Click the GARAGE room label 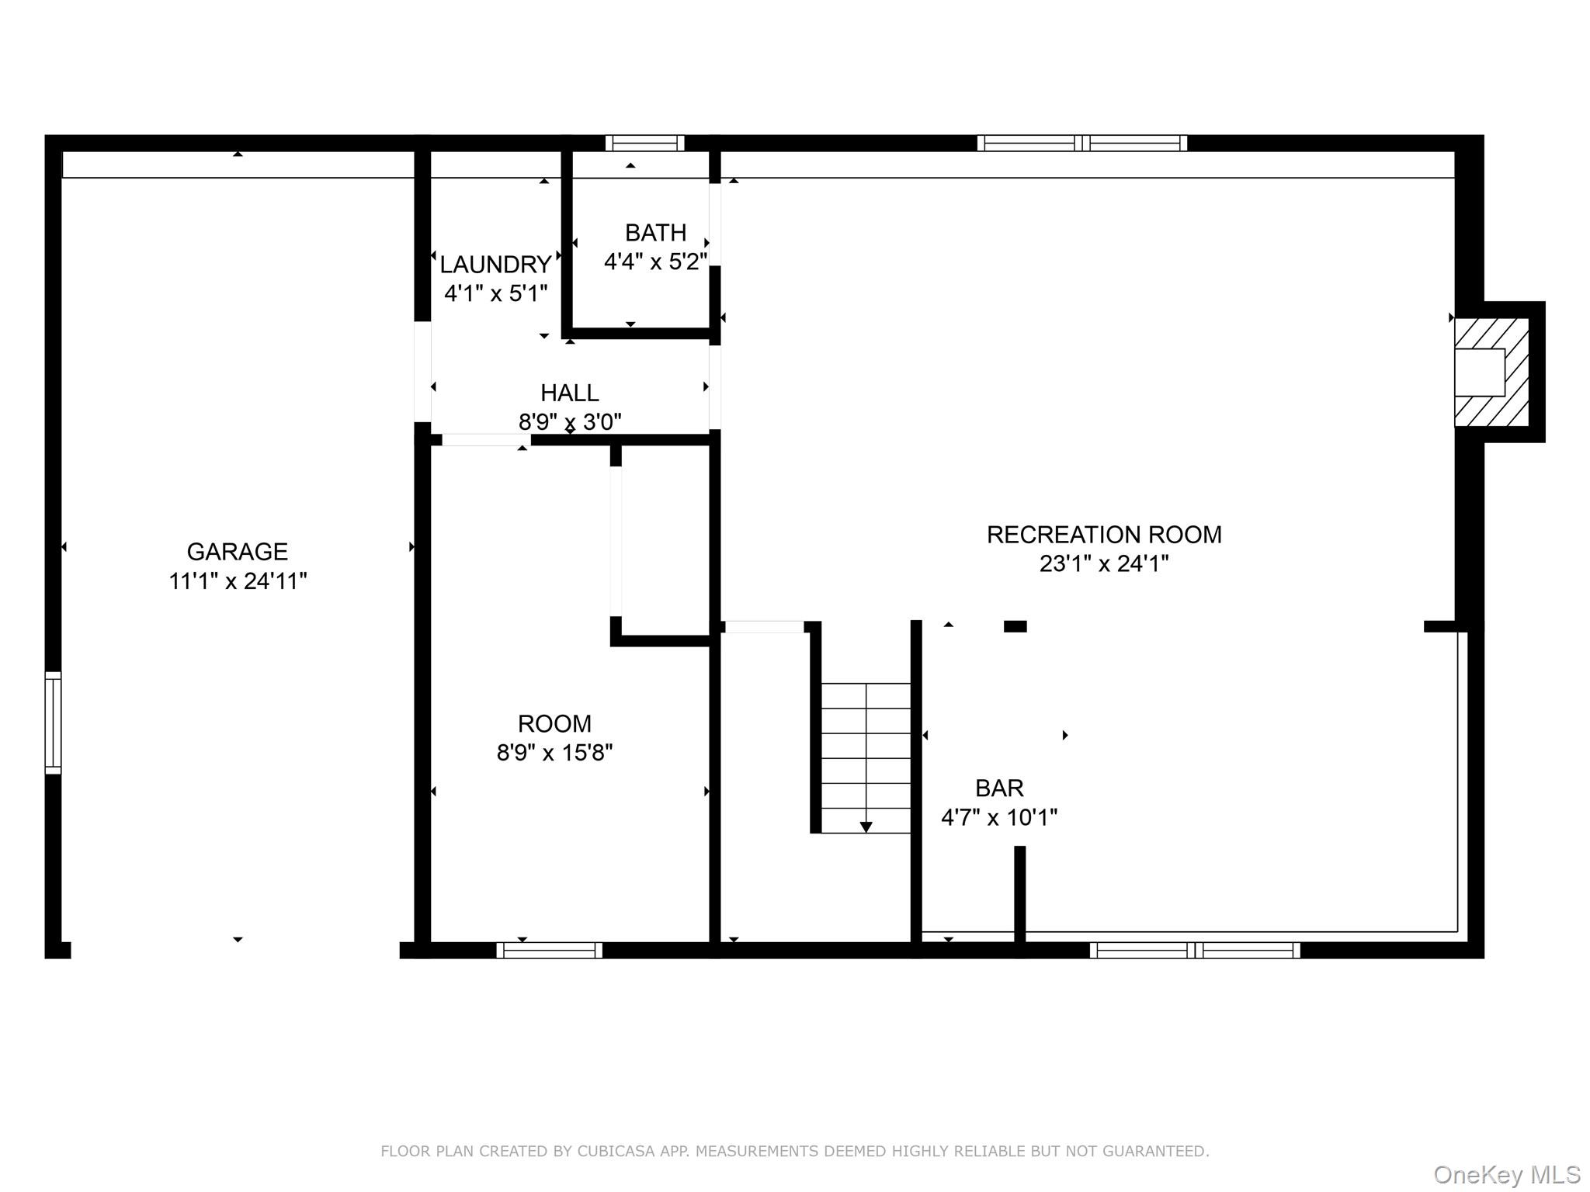[x=237, y=552]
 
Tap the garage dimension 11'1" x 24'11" [x=238, y=581]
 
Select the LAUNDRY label [x=495, y=265]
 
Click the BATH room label [x=655, y=233]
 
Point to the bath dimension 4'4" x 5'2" [x=655, y=262]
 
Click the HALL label [x=569, y=393]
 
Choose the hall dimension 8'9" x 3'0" [x=569, y=422]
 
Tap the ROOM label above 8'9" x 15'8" [x=554, y=724]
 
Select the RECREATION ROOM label [x=1103, y=535]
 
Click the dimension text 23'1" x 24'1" [x=1103, y=564]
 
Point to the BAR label [x=999, y=788]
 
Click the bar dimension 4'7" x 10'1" [x=999, y=818]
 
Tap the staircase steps [x=866, y=745]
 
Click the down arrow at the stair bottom [x=866, y=827]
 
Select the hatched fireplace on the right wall [x=1491, y=372]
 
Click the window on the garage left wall [x=53, y=722]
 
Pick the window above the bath [x=644, y=143]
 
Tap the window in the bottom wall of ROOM [x=549, y=950]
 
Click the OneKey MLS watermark [x=1506, y=1175]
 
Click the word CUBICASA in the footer [x=609, y=1151]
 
